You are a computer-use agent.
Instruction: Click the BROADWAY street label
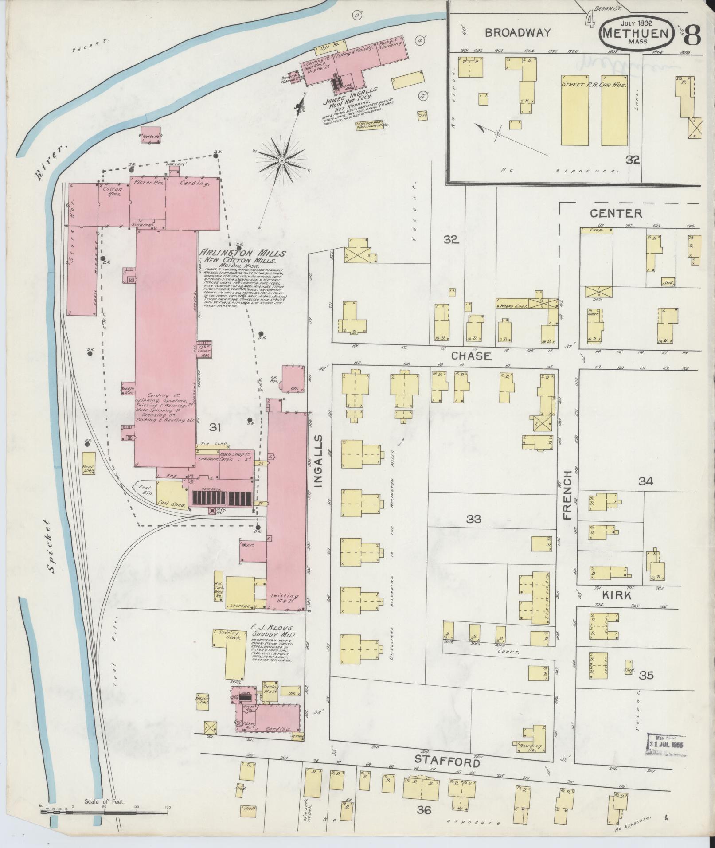tap(518, 32)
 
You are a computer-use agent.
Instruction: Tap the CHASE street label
tap(471, 356)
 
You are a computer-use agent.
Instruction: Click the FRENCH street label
tap(568, 495)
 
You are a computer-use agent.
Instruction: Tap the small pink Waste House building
tap(151, 134)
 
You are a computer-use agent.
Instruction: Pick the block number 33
tap(473, 519)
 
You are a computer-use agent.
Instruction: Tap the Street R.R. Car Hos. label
tap(594, 84)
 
